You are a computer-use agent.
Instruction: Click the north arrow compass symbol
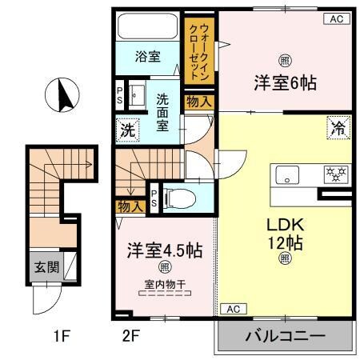pyautogui.click(x=62, y=95)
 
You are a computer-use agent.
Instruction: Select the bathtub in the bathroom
pyautogui.click(x=148, y=27)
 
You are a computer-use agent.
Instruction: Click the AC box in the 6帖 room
pyautogui.click(x=337, y=19)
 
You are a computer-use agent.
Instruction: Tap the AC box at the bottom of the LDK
pyautogui.click(x=231, y=309)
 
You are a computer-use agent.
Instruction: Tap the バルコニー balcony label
pyautogui.click(x=285, y=335)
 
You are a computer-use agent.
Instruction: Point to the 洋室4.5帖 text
pyautogui.click(x=163, y=250)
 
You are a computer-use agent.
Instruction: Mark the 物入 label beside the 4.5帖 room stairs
pyautogui.click(x=130, y=206)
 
